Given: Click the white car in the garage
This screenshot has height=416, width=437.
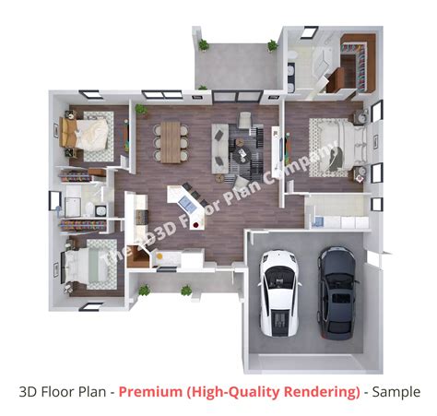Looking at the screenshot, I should (276, 291).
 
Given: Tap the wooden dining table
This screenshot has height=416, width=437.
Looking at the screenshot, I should (172, 139).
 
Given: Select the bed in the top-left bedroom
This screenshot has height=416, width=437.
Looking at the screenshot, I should (89, 135).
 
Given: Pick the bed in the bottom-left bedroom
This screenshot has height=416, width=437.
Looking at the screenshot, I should (86, 266).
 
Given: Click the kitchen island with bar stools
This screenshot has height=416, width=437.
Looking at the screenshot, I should (181, 196).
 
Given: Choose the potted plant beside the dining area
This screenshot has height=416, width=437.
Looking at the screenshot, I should (141, 111).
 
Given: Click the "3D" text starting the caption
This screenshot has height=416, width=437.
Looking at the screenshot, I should (29, 392).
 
